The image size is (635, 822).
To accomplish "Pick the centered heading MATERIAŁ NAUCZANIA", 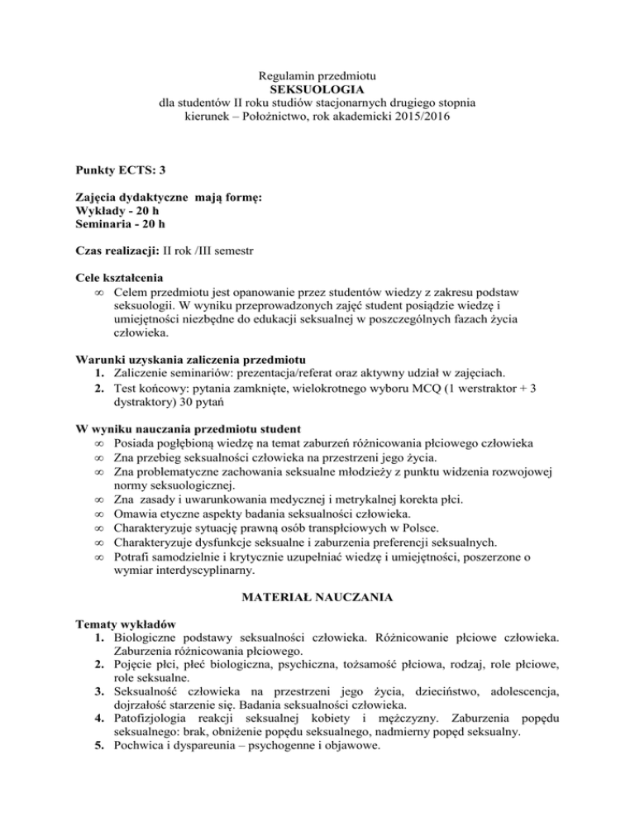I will click(317, 600).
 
